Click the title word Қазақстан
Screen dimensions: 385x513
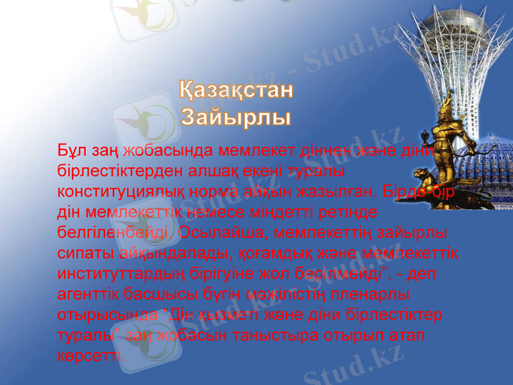[x=236, y=91]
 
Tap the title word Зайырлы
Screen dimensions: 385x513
[x=235, y=117]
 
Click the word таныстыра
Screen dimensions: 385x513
[x=264, y=336]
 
